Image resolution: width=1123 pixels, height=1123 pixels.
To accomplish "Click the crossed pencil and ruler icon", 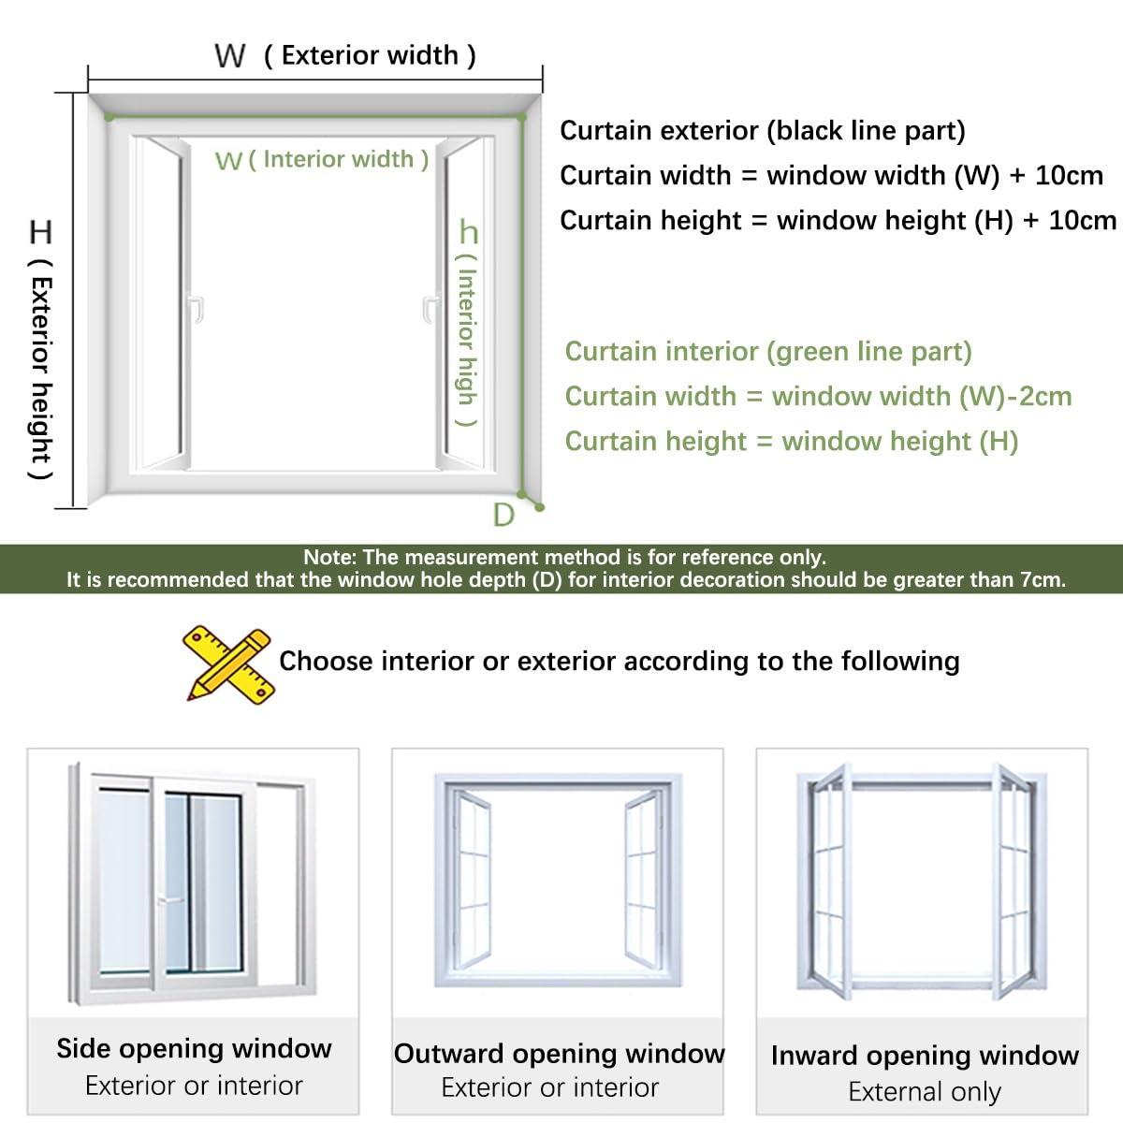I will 228,664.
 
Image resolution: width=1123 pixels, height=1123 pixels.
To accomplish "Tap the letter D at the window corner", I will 503,515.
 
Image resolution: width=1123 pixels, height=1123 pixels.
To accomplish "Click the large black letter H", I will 41,232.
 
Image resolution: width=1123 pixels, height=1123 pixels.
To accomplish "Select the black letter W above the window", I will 229,56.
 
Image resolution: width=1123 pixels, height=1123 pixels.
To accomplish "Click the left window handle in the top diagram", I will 196,309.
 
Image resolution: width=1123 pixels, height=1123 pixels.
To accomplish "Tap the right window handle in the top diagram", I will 430,309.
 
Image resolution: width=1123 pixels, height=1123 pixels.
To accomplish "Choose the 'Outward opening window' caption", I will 559,1054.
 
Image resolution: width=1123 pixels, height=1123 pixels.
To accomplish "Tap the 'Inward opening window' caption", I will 925,1056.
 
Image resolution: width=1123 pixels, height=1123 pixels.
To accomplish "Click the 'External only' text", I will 925,1092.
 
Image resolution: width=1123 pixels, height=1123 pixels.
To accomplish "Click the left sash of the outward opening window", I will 471,875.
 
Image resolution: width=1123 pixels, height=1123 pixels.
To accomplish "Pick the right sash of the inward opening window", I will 1014,880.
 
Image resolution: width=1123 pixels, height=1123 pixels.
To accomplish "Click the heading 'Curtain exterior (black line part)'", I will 762,131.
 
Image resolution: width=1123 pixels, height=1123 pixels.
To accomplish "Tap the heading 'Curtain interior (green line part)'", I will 768,352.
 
